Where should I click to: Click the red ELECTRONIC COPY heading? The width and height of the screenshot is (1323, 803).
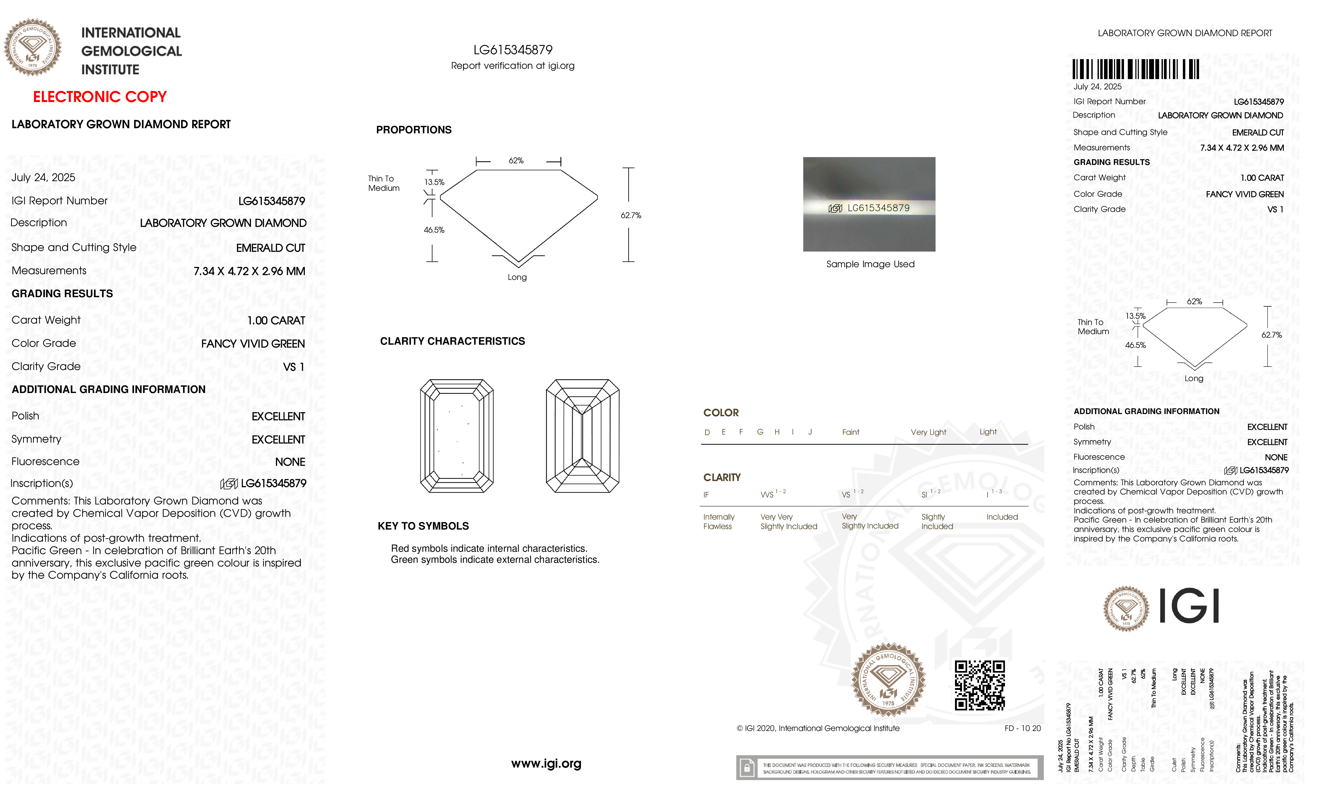(x=100, y=97)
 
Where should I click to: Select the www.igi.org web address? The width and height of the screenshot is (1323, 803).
(x=546, y=763)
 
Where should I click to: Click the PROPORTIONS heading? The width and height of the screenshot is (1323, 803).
(x=413, y=130)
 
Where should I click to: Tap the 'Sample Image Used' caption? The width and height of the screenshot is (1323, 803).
(x=870, y=264)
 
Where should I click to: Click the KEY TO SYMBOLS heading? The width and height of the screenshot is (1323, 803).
(x=423, y=526)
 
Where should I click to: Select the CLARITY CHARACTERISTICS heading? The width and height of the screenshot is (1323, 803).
(x=452, y=341)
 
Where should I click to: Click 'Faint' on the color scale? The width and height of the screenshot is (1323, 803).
(x=850, y=432)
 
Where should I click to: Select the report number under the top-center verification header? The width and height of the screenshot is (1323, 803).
(x=513, y=50)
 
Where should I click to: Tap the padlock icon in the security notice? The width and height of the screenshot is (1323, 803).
(x=746, y=768)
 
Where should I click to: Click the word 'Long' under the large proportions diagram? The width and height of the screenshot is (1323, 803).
(x=517, y=277)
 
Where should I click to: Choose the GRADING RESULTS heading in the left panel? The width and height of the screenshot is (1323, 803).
(x=62, y=294)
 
